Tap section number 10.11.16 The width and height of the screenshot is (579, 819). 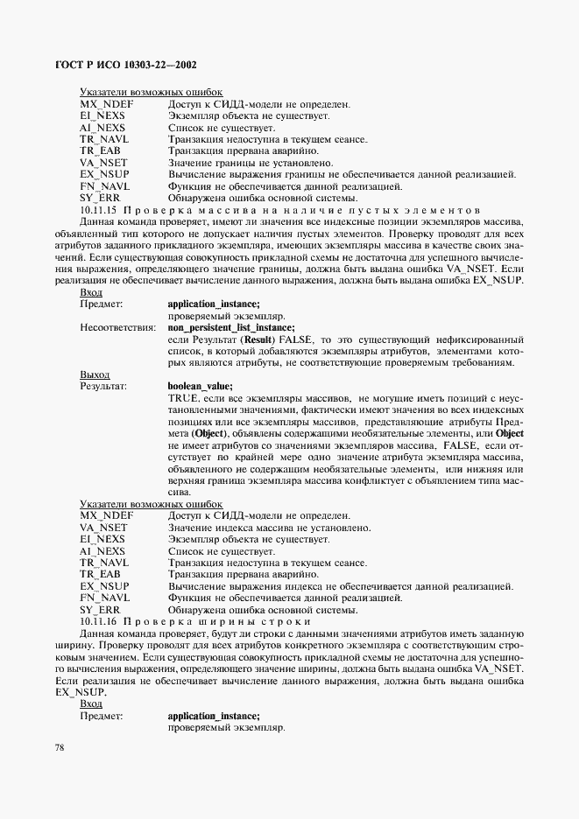99,620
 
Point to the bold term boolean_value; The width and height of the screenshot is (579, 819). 200,385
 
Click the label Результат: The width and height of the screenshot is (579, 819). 103,385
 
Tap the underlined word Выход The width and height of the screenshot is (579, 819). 95,374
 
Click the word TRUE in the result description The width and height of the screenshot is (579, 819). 183,397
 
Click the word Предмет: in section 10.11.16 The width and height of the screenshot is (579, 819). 101,715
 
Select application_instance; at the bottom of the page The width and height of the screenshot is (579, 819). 214,715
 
